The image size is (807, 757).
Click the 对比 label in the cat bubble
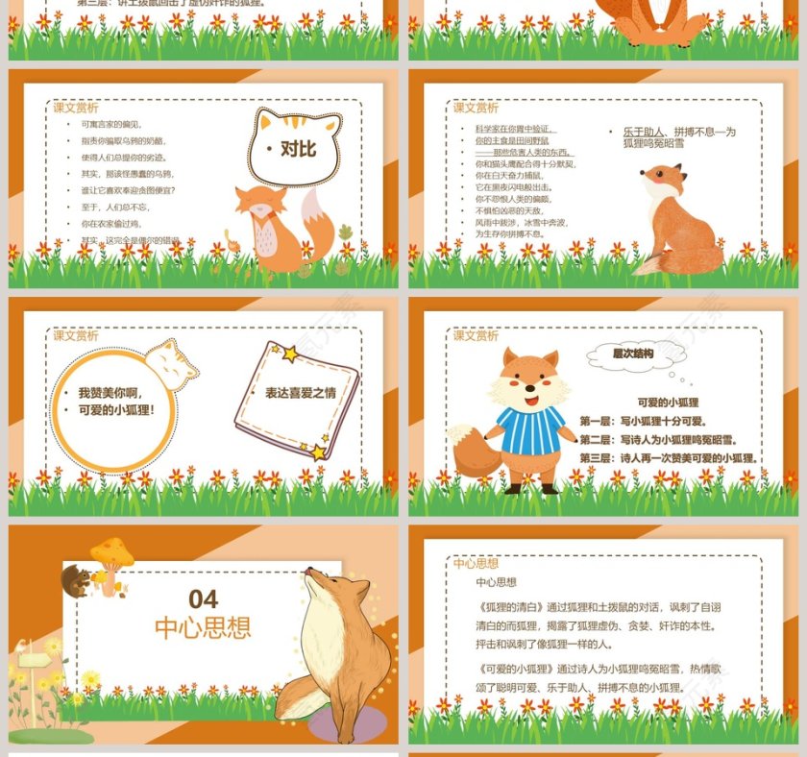(x=298, y=149)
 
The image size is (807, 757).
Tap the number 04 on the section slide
(x=204, y=599)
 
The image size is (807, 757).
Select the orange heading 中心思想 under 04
(x=204, y=628)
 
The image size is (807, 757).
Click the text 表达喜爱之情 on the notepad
(x=301, y=393)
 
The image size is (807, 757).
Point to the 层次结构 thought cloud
(x=634, y=354)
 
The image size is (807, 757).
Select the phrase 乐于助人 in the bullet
(x=643, y=132)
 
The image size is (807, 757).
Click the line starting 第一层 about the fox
(x=643, y=421)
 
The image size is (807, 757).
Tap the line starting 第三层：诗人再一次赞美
(x=669, y=458)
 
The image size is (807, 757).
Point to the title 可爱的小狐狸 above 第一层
(x=668, y=403)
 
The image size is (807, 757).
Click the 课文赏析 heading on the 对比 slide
(x=75, y=109)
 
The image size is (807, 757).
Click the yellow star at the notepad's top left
(x=288, y=354)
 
